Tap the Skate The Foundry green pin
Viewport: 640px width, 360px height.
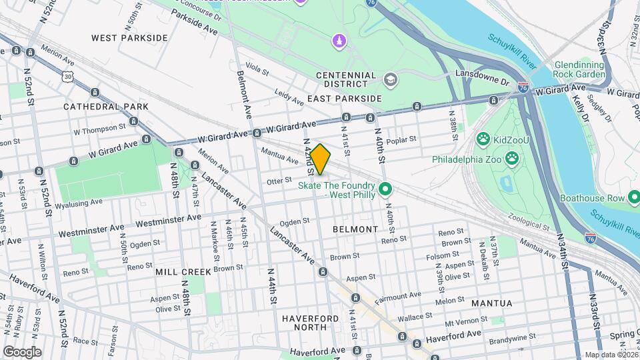[384, 191]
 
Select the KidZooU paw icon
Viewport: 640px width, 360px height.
[483, 139]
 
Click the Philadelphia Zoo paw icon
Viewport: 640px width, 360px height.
[512, 159]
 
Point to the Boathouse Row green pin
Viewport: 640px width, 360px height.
[634, 198]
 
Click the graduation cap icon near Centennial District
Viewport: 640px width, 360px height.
[390, 81]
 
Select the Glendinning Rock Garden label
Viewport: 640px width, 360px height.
[579, 69]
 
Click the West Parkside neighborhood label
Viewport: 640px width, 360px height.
[130, 38]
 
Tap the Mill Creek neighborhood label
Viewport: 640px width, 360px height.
[183, 272]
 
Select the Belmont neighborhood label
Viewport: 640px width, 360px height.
[355, 229]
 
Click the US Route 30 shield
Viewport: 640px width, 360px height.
[67, 77]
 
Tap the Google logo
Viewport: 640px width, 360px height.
[22, 351]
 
